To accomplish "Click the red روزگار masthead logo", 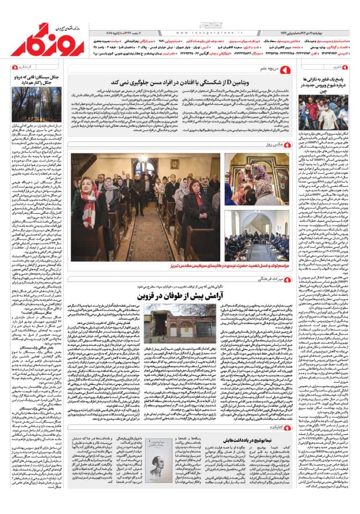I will click(x=47, y=40).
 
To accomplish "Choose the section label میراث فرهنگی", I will click(x=266, y=279).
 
